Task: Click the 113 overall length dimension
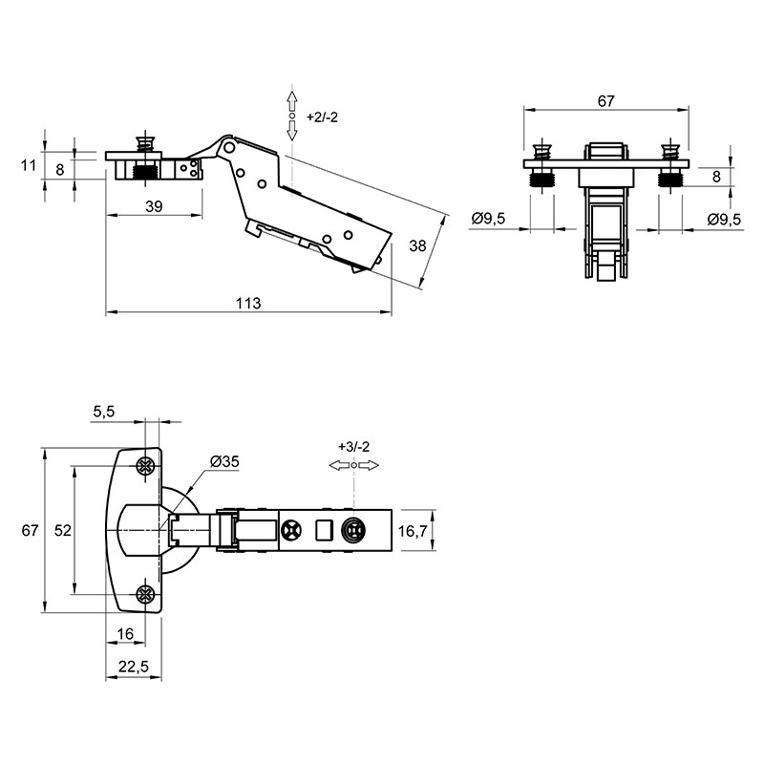[248, 304]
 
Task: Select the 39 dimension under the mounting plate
[154, 206]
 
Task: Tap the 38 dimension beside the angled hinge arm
[417, 246]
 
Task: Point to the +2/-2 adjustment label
[322, 117]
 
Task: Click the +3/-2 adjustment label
[354, 447]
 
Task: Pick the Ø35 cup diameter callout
[224, 461]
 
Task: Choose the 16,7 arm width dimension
[413, 531]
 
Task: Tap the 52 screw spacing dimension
[63, 530]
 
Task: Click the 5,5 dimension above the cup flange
[104, 412]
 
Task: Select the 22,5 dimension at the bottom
[134, 666]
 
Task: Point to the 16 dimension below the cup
[125, 634]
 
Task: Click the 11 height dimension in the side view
[29, 165]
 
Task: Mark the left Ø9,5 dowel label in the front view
[488, 219]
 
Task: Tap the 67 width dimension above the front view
[605, 101]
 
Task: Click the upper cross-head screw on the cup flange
[145, 466]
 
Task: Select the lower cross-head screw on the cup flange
[145, 594]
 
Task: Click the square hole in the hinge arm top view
[324, 530]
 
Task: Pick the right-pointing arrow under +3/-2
[369, 466]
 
